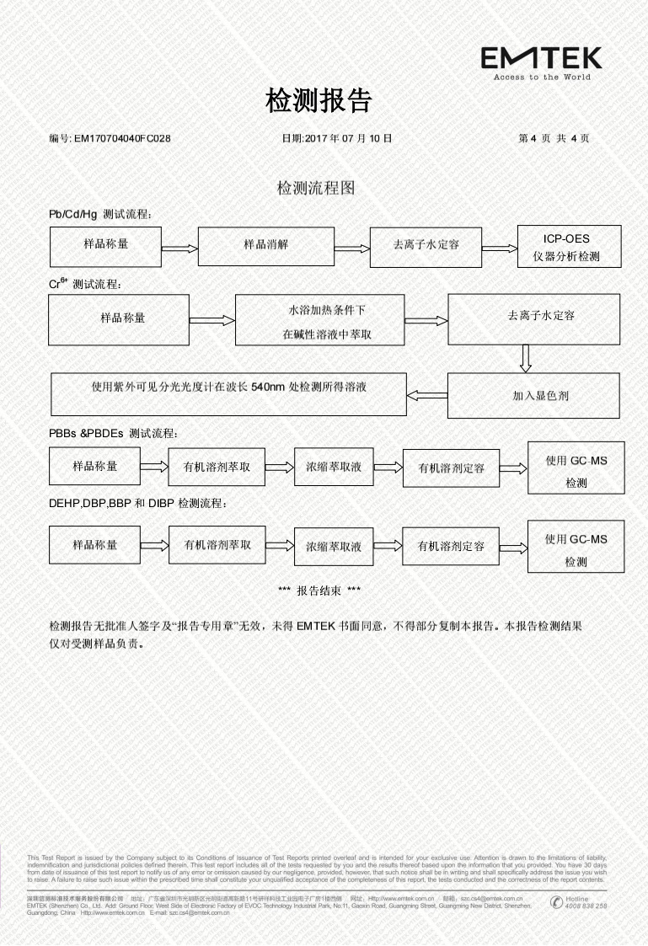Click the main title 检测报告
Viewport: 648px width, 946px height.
pos(319,101)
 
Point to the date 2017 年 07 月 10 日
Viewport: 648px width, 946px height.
pos(336,138)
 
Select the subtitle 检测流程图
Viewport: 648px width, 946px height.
pos(316,187)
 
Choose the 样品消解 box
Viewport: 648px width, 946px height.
pos(265,245)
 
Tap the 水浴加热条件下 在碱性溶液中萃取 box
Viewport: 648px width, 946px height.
pos(319,320)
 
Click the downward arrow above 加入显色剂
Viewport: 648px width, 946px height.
pos(525,358)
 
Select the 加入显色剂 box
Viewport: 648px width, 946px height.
pos(539,394)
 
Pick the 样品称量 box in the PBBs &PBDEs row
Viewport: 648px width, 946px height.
pos(94,466)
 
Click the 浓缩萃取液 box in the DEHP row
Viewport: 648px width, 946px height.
pos(333,547)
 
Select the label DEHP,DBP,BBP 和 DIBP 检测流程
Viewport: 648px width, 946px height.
pos(138,504)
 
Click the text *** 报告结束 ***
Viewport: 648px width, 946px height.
pos(319,591)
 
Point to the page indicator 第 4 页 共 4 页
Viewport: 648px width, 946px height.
pos(554,138)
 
